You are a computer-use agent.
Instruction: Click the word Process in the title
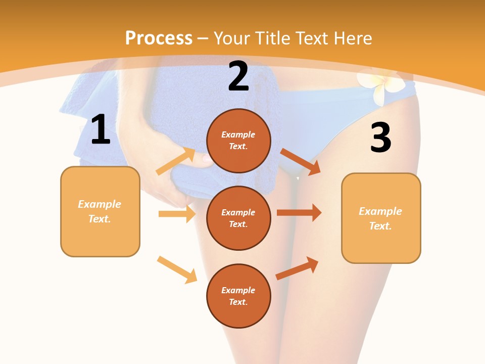coord(159,38)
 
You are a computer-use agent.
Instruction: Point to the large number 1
coord(101,130)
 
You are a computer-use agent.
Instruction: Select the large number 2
coord(238,77)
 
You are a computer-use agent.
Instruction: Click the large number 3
coord(380,138)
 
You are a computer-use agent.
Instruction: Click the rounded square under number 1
coord(100,211)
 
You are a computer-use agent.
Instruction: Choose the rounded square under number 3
coord(381,218)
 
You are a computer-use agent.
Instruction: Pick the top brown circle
coord(238,141)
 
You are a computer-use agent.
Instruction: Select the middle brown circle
coord(238,218)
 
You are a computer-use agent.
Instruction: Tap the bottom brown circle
coord(238,296)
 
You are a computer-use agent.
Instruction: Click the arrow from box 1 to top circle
coord(176,161)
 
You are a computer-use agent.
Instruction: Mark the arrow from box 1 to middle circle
coord(177,214)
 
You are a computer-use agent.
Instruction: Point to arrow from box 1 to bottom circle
coord(177,269)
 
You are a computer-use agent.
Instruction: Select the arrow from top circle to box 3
coord(300,161)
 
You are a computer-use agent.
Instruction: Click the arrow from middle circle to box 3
coord(299,213)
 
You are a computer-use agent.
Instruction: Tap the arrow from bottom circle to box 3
coord(297,268)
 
